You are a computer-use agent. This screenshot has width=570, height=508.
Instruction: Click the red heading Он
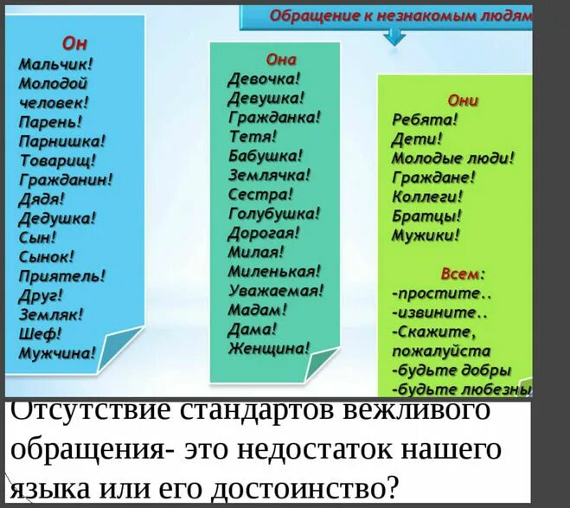[74, 45]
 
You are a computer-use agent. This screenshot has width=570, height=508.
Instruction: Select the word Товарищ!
[58, 160]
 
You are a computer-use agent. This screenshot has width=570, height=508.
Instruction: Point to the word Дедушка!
[58, 217]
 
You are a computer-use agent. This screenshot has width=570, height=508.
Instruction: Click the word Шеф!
[40, 332]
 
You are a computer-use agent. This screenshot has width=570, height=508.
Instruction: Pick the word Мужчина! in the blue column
[58, 351]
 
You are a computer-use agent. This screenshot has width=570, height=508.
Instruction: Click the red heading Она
[281, 60]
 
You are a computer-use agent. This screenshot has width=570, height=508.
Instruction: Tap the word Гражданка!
[274, 115]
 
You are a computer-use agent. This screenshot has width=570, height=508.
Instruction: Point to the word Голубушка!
[274, 213]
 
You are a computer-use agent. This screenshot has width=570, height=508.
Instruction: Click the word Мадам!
[258, 309]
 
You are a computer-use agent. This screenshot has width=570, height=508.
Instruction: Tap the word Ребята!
[425, 120]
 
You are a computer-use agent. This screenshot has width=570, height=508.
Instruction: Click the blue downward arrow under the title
[394, 35]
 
